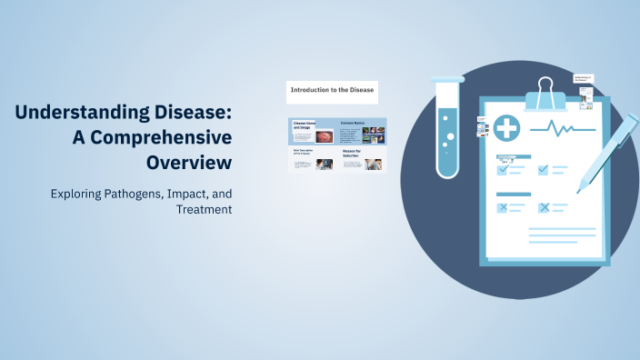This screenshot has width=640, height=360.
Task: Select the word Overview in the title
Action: click(x=189, y=163)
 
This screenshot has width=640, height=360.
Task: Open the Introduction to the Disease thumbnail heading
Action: click(x=331, y=90)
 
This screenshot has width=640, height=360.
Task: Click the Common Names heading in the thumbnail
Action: click(x=353, y=122)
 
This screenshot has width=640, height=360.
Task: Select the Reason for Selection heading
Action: click(x=352, y=154)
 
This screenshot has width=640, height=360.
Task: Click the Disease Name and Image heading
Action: click(x=303, y=125)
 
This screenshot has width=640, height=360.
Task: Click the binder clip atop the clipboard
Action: click(x=545, y=91)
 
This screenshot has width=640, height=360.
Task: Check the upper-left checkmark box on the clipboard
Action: click(x=502, y=169)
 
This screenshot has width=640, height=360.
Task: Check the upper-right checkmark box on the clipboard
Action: click(x=544, y=169)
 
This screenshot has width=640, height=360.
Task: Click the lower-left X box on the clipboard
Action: click(x=502, y=207)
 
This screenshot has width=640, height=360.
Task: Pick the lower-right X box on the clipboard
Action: click(x=544, y=207)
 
